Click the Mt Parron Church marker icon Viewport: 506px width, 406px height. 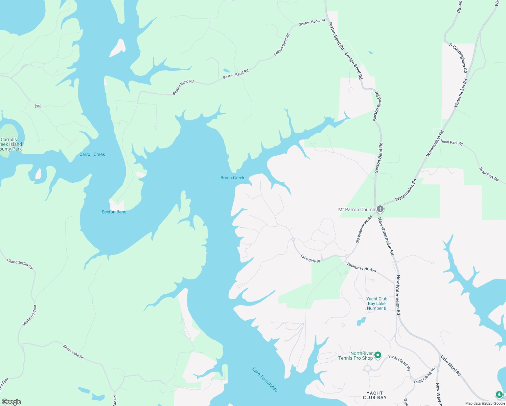[x=380, y=209]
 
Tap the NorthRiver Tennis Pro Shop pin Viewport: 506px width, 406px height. [x=378, y=355]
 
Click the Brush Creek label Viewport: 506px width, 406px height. [x=232, y=178]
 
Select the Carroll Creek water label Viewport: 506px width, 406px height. [x=92, y=154]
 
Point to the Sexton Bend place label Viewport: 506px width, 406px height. [x=114, y=212]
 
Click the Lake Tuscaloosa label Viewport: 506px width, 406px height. [x=265, y=380]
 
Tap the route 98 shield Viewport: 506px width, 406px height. [x=38, y=106]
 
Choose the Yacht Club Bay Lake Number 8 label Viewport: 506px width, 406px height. [x=377, y=303]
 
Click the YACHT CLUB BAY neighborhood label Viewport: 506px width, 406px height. [x=374, y=395]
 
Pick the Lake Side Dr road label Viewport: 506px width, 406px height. [x=310, y=259]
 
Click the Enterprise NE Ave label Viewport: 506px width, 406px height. [x=361, y=268]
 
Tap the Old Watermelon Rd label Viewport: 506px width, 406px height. [x=364, y=229]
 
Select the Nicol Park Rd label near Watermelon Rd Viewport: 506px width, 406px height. [x=452, y=142]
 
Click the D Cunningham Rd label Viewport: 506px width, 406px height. [x=458, y=58]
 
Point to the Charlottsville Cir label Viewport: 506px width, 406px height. [x=20, y=264]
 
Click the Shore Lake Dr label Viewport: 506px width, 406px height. [x=73, y=352]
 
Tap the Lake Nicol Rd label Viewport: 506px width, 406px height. [x=451, y=365]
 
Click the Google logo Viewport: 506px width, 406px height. [x=11, y=402]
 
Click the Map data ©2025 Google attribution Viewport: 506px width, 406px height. [x=485, y=403]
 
